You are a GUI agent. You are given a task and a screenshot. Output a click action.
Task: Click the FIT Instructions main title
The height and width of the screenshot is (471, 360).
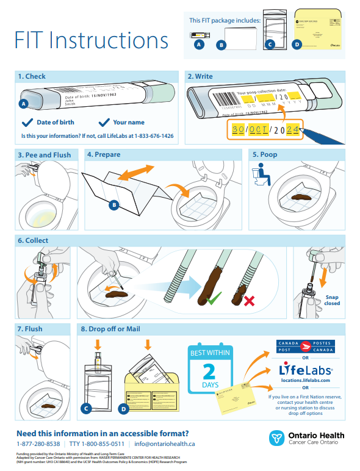tap(92, 40)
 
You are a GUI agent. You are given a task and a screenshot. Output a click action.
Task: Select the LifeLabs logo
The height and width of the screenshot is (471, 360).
tap(305, 370)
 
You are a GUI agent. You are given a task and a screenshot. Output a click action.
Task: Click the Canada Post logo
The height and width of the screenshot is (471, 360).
tap(305, 347)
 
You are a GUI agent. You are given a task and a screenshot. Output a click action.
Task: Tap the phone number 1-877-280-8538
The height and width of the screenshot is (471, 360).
tap(38, 444)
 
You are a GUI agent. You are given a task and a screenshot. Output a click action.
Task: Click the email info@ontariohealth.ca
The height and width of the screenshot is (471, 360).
tap(165, 444)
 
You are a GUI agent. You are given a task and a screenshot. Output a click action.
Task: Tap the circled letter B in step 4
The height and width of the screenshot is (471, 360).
tap(113, 206)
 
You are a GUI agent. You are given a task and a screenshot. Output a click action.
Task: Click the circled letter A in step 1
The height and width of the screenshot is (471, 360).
tap(24, 104)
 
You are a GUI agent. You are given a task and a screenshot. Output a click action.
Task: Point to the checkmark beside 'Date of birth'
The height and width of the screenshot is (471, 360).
tap(27, 122)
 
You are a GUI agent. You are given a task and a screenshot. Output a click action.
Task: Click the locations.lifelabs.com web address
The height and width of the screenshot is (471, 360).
tap(305, 380)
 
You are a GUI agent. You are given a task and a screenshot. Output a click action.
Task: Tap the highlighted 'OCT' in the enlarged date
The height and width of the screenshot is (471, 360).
tap(259, 129)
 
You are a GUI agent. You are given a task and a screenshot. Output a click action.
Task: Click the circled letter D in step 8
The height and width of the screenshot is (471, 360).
tap(123, 409)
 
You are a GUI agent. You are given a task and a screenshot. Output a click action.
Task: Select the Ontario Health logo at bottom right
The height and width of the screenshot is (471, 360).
tap(308, 438)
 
